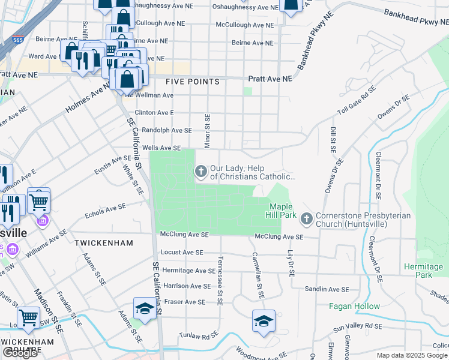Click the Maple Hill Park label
280,210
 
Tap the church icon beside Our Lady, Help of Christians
200,172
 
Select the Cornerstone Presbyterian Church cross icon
307,219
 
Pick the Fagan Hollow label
354,306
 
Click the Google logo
20,353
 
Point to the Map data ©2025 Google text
412,355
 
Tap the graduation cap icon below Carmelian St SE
263,321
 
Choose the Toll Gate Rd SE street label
357,100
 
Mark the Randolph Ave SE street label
167,130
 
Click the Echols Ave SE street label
106,210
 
